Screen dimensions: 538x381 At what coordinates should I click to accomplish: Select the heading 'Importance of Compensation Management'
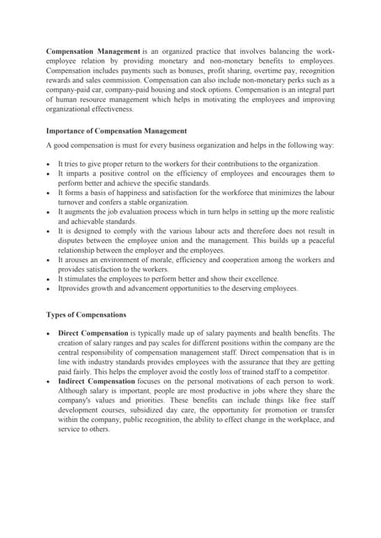click(x=116, y=131)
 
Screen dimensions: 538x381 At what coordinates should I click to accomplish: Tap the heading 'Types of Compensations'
click(x=86, y=315)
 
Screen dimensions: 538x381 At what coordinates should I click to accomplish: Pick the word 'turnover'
click(x=76, y=203)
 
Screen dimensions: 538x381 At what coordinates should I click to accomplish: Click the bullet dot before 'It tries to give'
click(x=50, y=164)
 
